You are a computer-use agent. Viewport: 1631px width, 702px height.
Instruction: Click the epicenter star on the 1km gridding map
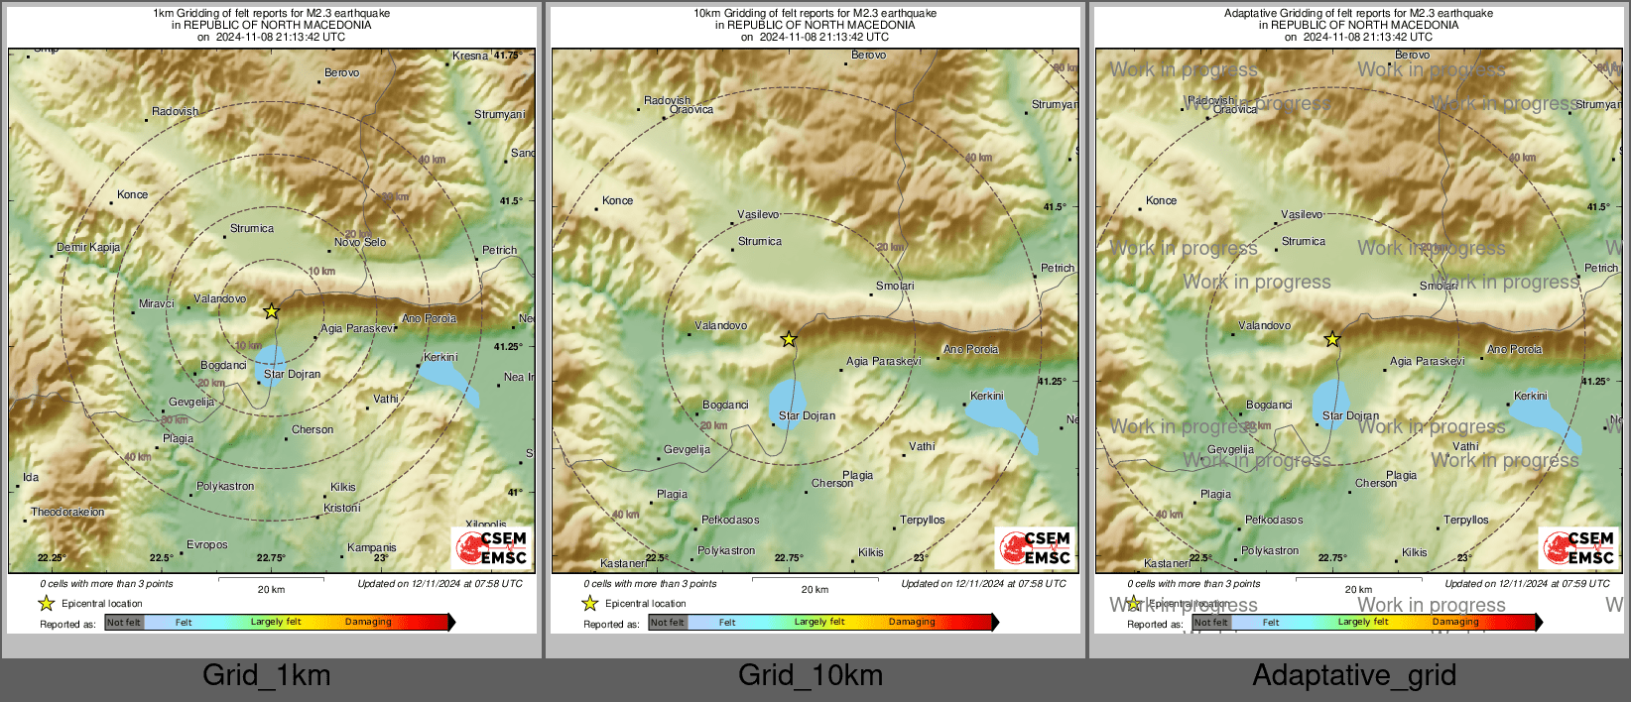click(x=271, y=311)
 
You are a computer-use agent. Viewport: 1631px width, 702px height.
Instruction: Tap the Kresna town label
click(x=470, y=57)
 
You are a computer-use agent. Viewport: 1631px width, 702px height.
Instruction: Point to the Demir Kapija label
click(x=88, y=247)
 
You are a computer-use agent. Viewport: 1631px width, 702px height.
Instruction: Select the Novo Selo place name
click(x=360, y=242)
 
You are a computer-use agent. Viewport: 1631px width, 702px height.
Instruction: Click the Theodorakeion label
click(x=67, y=513)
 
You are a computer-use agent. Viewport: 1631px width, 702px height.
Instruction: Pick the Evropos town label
click(x=207, y=544)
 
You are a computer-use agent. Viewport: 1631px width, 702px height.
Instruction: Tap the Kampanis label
click(x=372, y=547)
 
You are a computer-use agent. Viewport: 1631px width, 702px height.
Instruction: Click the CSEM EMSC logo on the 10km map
click(x=1036, y=547)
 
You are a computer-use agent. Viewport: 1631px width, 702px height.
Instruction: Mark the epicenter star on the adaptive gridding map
click(x=1332, y=339)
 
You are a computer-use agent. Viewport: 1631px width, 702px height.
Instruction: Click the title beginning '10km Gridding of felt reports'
click(x=815, y=14)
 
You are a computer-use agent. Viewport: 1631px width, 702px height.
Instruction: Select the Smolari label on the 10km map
click(x=895, y=286)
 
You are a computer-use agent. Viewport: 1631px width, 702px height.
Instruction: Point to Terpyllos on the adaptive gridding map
click(x=1466, y=520)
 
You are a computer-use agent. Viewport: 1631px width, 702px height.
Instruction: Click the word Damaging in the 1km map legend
click(x=368, y=622)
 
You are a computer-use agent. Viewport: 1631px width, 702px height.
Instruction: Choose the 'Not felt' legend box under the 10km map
click(x=668, y=623)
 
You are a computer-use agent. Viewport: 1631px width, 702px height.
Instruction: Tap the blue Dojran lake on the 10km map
click(x=788, y=401)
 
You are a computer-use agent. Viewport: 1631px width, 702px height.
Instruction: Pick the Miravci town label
click(x=157, y=303)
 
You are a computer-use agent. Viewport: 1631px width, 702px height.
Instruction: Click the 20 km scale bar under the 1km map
click(x=271, y=578)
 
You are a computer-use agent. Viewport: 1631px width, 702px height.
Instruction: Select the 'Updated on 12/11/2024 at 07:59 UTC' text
click(x=1527, y=584)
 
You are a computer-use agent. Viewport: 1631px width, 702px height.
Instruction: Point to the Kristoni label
click(x=342, y=508)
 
